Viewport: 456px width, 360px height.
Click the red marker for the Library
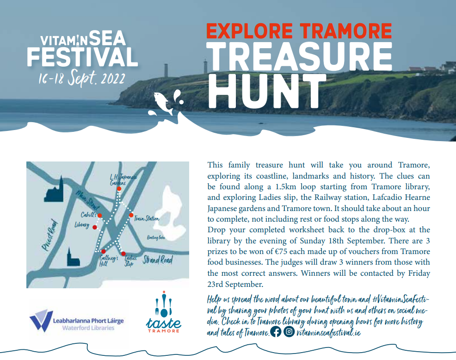coord(94,227)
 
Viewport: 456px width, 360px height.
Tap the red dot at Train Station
coord(131,215)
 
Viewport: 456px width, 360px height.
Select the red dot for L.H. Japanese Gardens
coord(119,189)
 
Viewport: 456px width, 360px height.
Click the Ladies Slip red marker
coord(123,254)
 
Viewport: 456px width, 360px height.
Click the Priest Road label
coord(50,235)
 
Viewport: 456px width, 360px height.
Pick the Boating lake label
coord(156,237)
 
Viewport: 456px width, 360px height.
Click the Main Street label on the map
coord(87,200)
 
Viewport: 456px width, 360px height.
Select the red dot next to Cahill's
coord(100,215)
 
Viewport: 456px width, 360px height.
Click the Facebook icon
coord(276,331)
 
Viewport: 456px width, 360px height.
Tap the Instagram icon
coord(289,331)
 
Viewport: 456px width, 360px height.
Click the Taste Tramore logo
coord(163,312)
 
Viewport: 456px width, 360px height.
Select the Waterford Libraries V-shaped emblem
coord(41,320)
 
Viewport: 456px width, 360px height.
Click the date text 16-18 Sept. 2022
coord(82,78)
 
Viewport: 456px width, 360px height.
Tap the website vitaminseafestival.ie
coord(329,332)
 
